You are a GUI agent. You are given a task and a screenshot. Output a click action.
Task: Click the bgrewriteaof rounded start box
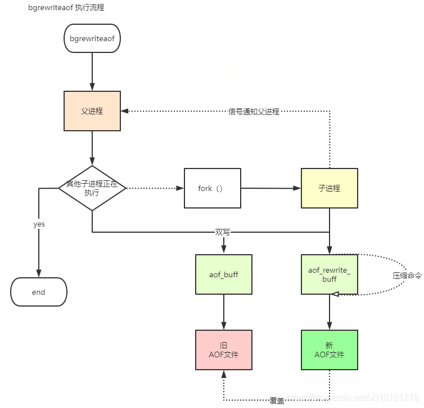pos(92,38)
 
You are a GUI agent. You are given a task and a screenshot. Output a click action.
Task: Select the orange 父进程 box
pos(92,111)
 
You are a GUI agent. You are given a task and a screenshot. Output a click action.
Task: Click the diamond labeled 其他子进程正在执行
pos(92,188)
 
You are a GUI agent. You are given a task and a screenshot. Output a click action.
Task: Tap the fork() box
pos(212,188)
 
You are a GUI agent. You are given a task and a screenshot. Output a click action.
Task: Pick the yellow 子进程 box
pos(329,188)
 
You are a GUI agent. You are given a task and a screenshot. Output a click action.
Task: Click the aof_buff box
pos(224,274)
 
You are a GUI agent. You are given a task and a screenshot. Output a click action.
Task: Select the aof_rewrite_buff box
pos(329,274)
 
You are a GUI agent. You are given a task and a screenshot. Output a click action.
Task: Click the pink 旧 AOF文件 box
pos(224,350)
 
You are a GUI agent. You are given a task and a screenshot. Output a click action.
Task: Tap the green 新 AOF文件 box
pos(329,350)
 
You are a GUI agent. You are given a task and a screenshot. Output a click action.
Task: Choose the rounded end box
pos(38,292)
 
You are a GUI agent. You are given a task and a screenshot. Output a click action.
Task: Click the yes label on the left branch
pos(39,224)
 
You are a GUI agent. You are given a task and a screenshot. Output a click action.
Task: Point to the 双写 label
pos(223,232)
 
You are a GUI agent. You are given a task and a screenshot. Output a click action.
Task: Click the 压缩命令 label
pos(407,276)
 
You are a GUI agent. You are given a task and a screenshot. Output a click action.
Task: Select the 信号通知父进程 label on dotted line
pos(254,112)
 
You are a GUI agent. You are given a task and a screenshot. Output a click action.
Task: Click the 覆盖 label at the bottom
pos(277,401)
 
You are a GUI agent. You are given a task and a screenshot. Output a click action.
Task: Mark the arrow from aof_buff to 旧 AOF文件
pos(224,312)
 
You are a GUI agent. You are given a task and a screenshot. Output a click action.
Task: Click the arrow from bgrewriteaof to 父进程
pos(92,72)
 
